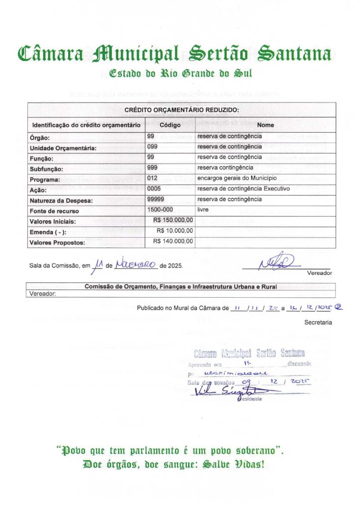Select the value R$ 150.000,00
pos(173,220)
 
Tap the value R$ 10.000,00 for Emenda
pos(175,231)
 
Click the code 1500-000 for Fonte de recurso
pos(160,210)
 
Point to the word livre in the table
pos(203,210)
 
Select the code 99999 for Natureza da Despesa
pos(156,199)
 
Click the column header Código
pos(170,125)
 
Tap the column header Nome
pos(266,125)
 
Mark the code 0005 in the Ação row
pos(154,189)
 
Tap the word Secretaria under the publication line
pos(318,323)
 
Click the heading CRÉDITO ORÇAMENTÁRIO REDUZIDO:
pos(181,110)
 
